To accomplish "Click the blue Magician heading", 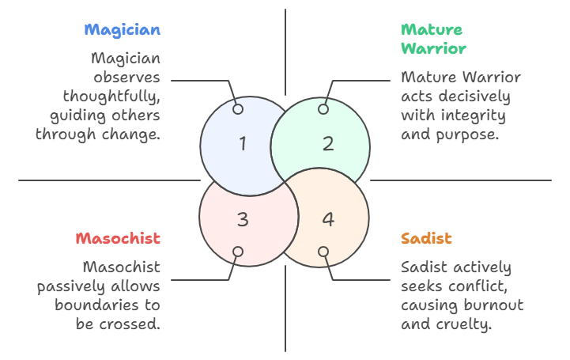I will coord(123,31).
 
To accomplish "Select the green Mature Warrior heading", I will coord(432,40).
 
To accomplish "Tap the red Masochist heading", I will coord(118,238).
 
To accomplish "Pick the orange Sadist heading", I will coord(426,238).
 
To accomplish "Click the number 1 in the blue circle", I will coord(243,143).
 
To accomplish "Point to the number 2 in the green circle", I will coord(328,143).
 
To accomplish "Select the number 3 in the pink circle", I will coord(243,219).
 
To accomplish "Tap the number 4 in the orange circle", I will coord(328,219).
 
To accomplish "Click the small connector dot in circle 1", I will coord(238,109).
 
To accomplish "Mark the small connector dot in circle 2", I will coord(323,109).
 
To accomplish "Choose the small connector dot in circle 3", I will coord(238,252).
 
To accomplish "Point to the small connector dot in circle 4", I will coord(323,252).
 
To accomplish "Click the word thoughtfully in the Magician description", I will coord(111,97).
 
